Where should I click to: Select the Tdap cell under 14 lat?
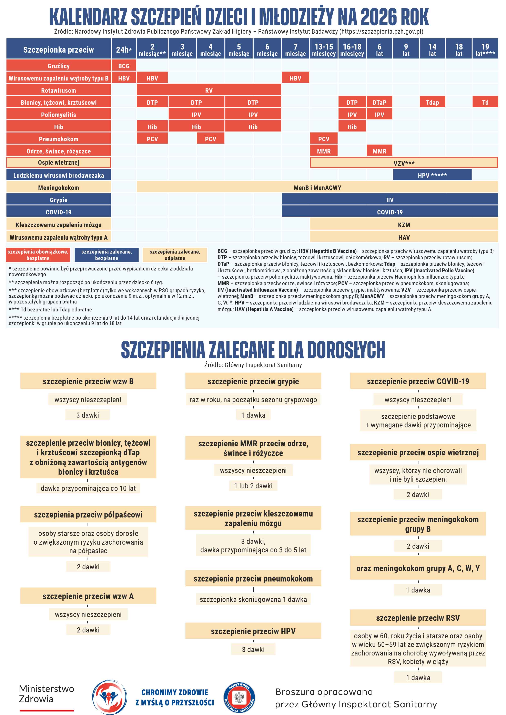point(432,103)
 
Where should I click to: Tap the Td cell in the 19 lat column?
point(485,103)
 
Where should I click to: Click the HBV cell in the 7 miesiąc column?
point(295,78)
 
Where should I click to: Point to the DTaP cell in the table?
point(379,103)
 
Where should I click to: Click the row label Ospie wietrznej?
point(59,163)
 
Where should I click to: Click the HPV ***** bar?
point(432,175)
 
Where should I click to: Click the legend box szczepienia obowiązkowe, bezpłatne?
point(38,255)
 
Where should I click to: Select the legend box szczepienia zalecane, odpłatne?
point(175,255)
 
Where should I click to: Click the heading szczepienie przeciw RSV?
point(418,618)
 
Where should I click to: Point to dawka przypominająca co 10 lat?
point(88,488)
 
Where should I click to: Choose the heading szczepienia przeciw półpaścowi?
point(88,514)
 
